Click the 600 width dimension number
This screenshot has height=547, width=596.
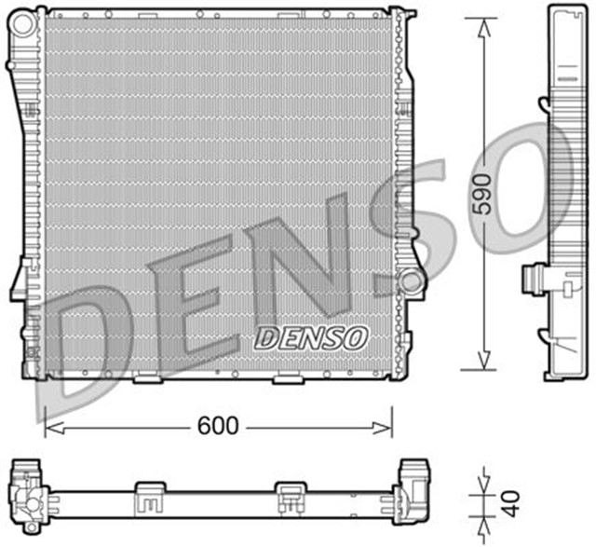click(x=218, y=426)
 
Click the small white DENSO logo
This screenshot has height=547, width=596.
click(x=312, y=336)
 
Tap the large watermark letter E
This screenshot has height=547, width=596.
click(x=191, y=298)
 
